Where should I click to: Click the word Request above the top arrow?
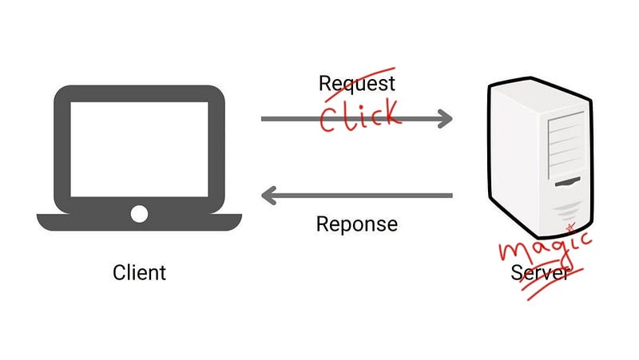coord(356,84)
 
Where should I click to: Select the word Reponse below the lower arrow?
coord(356,225)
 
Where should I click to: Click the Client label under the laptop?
coord(139,272)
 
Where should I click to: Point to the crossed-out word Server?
coord(541,272)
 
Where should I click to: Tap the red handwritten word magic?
coord(546,247)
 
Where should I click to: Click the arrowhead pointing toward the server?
coord(445,119)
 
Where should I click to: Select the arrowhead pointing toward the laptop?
coord(269,196)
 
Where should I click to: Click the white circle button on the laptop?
coord(139,214)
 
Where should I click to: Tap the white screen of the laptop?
coord(139,149)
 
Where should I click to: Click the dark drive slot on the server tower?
coord(568,182)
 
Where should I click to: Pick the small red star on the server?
coord(570,227)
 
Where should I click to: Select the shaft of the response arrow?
coord(356,196)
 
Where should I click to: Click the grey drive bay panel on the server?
coord(566,145)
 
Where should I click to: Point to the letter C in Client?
coord(118,272)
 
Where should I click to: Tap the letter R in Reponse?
coord(322,224)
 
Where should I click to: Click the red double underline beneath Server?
coord(553,284)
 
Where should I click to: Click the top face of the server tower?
coord(537,97)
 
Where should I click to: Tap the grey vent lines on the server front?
coord(566,211)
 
